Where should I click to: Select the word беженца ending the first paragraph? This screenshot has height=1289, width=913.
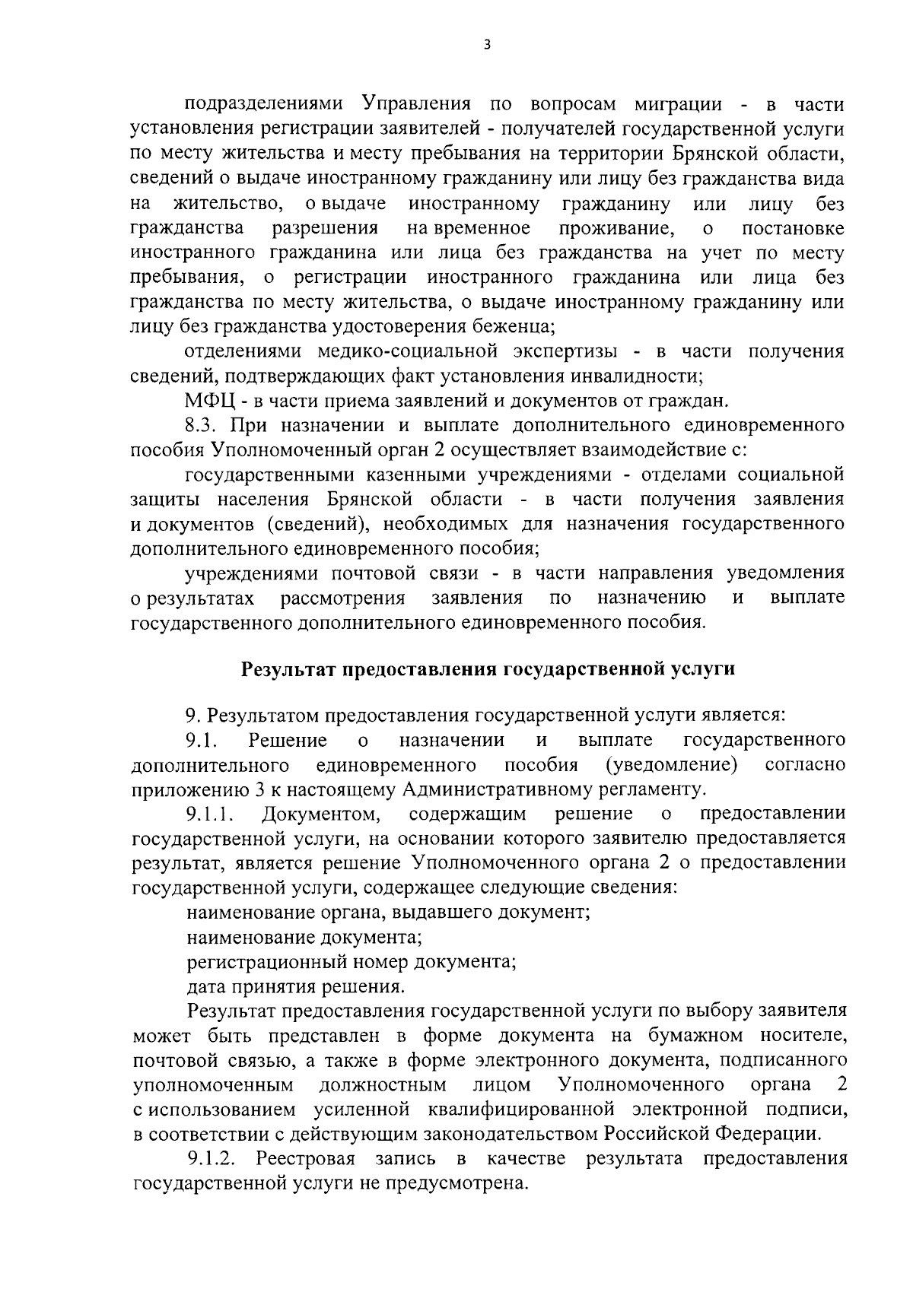click(x=517, y=327)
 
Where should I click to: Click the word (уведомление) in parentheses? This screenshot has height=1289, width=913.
click(x=671, y=764)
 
